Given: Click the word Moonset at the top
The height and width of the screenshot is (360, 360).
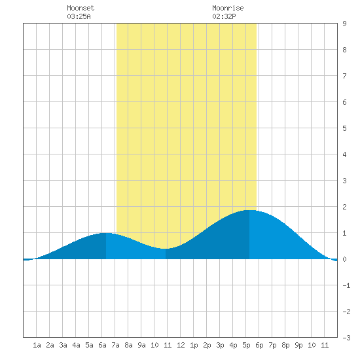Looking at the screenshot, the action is point(81,8).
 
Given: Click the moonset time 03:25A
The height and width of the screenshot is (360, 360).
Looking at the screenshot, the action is point(79,16).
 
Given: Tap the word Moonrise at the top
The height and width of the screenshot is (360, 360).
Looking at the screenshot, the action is point(228,8).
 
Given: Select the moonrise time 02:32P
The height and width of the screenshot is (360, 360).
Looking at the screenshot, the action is point(224,16).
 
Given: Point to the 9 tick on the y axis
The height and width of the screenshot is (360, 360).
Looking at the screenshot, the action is point(344,24).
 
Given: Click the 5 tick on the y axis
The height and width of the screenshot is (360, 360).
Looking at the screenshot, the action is point(344,128).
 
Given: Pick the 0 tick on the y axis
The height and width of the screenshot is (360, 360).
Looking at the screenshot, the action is point(344,259).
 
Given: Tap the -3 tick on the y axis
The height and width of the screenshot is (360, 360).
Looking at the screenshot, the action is point(346,338).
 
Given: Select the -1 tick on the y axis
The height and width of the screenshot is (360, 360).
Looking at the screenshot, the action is point(346,285).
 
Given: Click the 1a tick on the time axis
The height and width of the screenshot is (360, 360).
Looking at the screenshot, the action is point(37,345).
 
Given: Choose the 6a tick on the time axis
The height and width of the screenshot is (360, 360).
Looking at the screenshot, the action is point(102,345).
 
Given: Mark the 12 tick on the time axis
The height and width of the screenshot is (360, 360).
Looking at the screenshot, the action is point(181,345).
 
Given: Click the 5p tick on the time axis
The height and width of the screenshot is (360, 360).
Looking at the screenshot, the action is point(246,345).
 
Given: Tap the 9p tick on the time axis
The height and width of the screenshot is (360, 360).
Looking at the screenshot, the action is point(298,345).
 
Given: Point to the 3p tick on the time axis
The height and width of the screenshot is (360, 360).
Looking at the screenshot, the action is point(220,345).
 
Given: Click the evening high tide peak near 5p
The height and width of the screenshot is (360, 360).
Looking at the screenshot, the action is point(249,210).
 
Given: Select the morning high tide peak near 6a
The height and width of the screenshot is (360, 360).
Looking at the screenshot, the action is point(106,233).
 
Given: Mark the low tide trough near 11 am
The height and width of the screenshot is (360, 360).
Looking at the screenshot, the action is point(166,249).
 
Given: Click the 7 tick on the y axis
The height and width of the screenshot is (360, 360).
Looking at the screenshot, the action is point(344,76).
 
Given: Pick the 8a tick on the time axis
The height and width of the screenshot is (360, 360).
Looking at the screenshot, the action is point(128,345).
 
